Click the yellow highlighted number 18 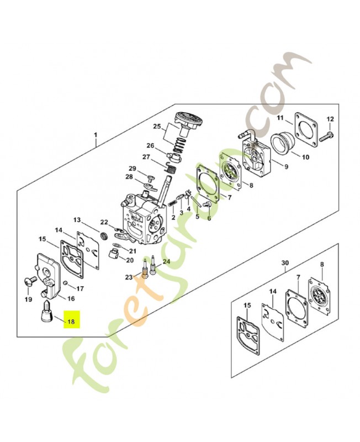[71, 321]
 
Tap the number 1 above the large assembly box [96, 135]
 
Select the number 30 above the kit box [285, 263]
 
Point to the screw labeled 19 [29, 281]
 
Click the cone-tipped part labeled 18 [46, 312]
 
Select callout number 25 [157, 127]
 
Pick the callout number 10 [305, 157]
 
